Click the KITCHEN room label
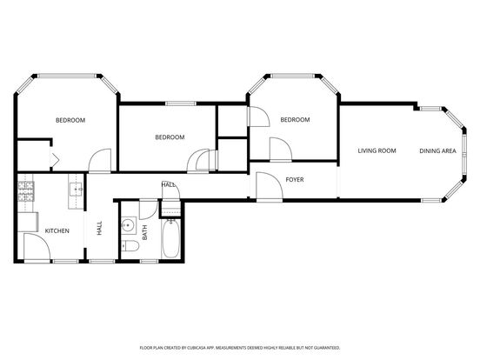click(x=57, y=230)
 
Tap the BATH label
click(x=145, y=232)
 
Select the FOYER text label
click(x=295, y=180)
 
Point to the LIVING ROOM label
click(x=377, y=150)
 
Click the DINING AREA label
click(x=437, y=150)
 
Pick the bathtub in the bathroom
click(x=170, y=238)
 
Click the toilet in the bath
click(x=130, y=245)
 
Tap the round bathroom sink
click(x=129, y=225)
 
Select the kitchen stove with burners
click(x=26, y=191)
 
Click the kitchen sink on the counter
click(x=76, y=190)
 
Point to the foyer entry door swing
click(x=270, y=186)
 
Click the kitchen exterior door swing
click(x=37, y=247)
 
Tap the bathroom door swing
click(x=149, y=210)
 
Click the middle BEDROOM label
click(x=170, y=137)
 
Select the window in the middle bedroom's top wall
click(x=181, y=103)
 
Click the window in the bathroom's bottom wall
click(x=149, y=261)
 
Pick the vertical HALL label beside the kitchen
click(x=99, y=229)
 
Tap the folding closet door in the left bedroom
click(x=55, y=158)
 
